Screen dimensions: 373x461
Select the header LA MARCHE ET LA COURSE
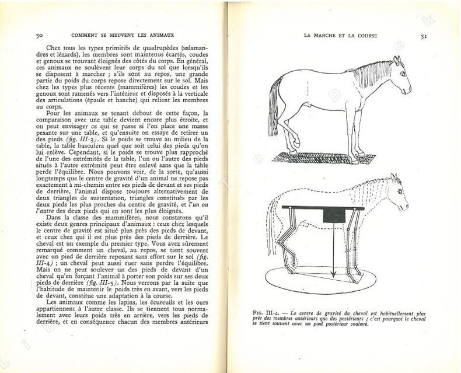click(341, 36)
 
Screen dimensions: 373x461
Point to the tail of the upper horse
click(273, 114)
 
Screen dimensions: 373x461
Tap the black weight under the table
click(335, 216)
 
